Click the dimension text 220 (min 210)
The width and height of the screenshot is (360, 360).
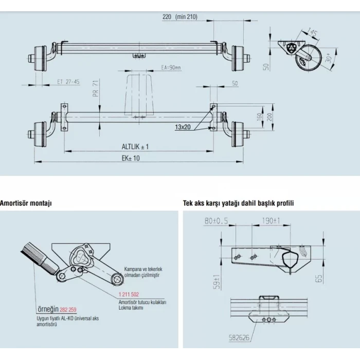179,17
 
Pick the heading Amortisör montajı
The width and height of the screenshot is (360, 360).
26,203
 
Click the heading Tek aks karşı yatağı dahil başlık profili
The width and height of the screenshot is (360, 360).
239,203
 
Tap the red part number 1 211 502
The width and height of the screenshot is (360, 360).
129,295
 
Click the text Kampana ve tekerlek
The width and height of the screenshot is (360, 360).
143,269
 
